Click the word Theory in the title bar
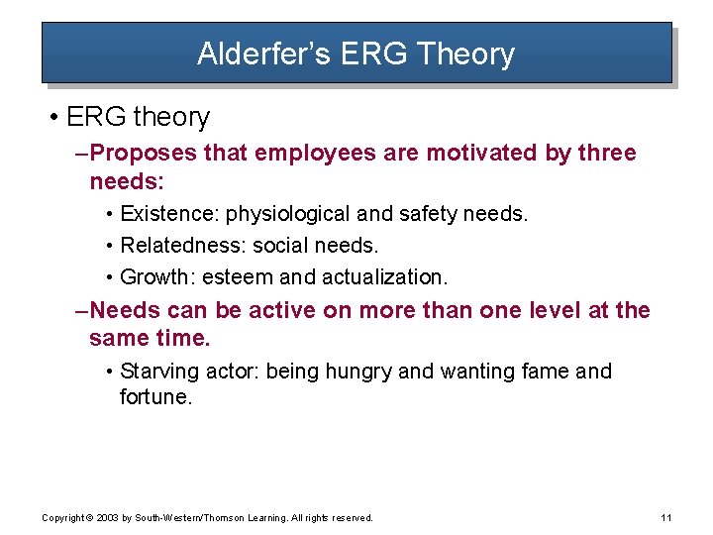coord(466,53)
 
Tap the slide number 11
coord(665,518)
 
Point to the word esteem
coord(235,275)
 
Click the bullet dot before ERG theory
coord(51,118)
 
